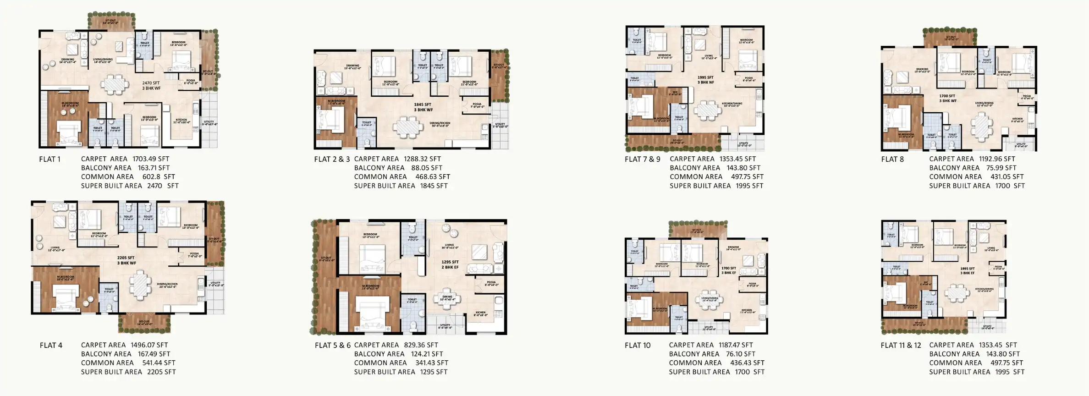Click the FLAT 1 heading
point(49,159)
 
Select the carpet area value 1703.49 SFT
point(151,159)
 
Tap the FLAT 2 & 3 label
point(332,159)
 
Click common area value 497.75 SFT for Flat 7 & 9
point(747,177)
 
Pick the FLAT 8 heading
point(892,159)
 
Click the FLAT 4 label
point(51,346)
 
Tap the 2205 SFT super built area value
point(161,372)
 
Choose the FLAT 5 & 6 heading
point(332,346)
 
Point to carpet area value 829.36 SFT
point(421,345)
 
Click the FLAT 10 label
point(637,346)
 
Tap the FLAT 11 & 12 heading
point(900,346)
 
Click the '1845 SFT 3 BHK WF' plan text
point(423,107)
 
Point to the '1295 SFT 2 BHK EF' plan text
point(450,264)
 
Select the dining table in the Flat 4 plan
point(139,284)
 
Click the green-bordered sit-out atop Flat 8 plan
point(949,38)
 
